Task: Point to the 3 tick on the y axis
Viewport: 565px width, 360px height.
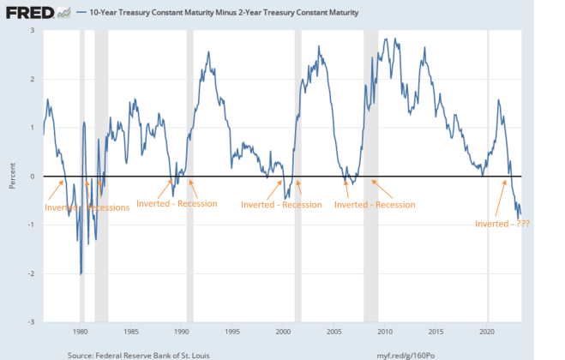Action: (x=33, y=30)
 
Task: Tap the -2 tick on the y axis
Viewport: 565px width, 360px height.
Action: (x=32, y=274)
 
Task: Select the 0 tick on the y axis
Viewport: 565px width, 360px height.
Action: (x=33, y=177)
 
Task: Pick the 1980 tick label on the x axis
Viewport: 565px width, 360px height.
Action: (x=80, y=331)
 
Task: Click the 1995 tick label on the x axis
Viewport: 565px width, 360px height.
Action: (x=232, y=331)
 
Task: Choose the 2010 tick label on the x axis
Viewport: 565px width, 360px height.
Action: (x=385, y=331)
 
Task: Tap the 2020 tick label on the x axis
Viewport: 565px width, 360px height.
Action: (x=487, y=331)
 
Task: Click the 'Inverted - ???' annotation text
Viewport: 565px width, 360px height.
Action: (x=502, y=225)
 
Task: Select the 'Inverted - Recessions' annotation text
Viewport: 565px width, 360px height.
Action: (x=87, y=207)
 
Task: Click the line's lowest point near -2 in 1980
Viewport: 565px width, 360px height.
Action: (x=81, y=274)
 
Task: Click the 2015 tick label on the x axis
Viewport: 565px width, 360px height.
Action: (x=436, y=331)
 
